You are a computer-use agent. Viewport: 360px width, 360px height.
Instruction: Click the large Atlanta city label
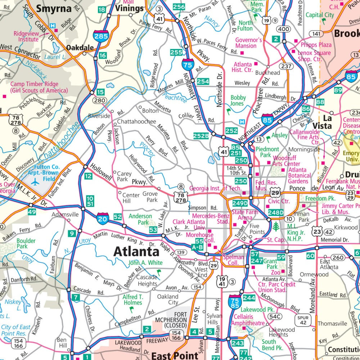click(136, 251)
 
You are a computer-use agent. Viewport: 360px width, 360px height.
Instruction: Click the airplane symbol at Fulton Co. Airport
click(35, 182)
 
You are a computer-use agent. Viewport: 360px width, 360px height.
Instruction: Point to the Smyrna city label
click(54, 9)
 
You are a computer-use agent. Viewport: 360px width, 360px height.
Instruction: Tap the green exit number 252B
click(201, 136)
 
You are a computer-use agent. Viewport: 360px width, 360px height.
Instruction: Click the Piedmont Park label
click(267, 152)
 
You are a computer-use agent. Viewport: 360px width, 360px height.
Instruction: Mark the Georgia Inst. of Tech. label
click(215, 188)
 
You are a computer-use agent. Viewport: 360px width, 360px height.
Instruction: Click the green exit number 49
click(32, 212)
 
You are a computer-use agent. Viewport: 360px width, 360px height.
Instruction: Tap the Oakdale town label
click(80, 48)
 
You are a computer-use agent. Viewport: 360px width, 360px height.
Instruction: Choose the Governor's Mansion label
click(248, 43)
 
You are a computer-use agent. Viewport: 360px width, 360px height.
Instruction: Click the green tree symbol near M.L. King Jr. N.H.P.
click(276, 227)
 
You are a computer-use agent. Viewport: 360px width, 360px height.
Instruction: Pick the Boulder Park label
click(26, 244)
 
